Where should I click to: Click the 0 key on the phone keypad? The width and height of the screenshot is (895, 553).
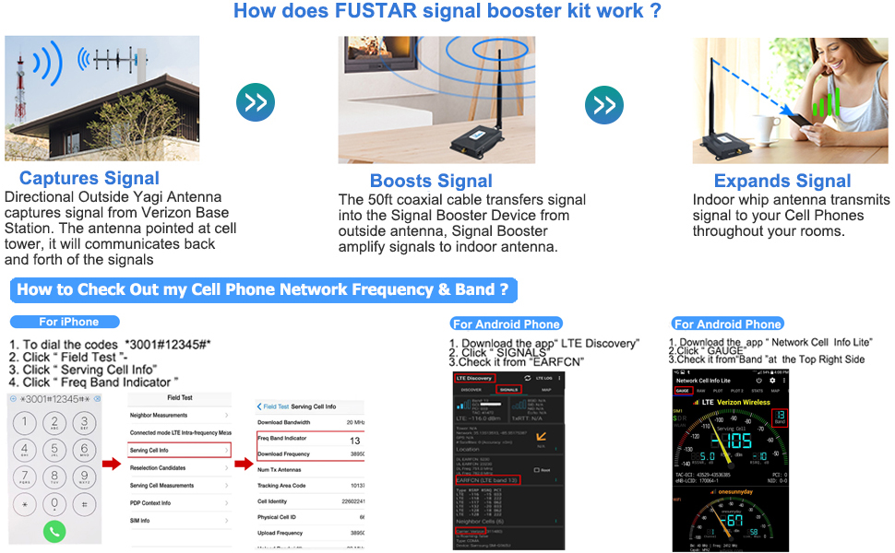55,503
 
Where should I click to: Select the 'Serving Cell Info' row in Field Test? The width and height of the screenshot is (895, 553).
180,451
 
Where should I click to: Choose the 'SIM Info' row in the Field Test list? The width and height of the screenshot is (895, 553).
180,521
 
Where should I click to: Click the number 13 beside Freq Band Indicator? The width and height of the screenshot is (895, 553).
355,441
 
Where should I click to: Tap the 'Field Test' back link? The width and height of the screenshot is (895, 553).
275,406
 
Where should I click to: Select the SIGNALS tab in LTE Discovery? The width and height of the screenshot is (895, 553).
508,390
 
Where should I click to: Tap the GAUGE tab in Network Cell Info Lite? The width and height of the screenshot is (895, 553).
684,391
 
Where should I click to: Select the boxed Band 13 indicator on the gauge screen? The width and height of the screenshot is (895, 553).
780,418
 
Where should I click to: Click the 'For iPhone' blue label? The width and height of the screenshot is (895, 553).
66,322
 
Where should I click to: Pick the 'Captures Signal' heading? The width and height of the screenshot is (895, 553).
89,178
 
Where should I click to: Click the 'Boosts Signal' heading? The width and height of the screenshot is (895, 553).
431,181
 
